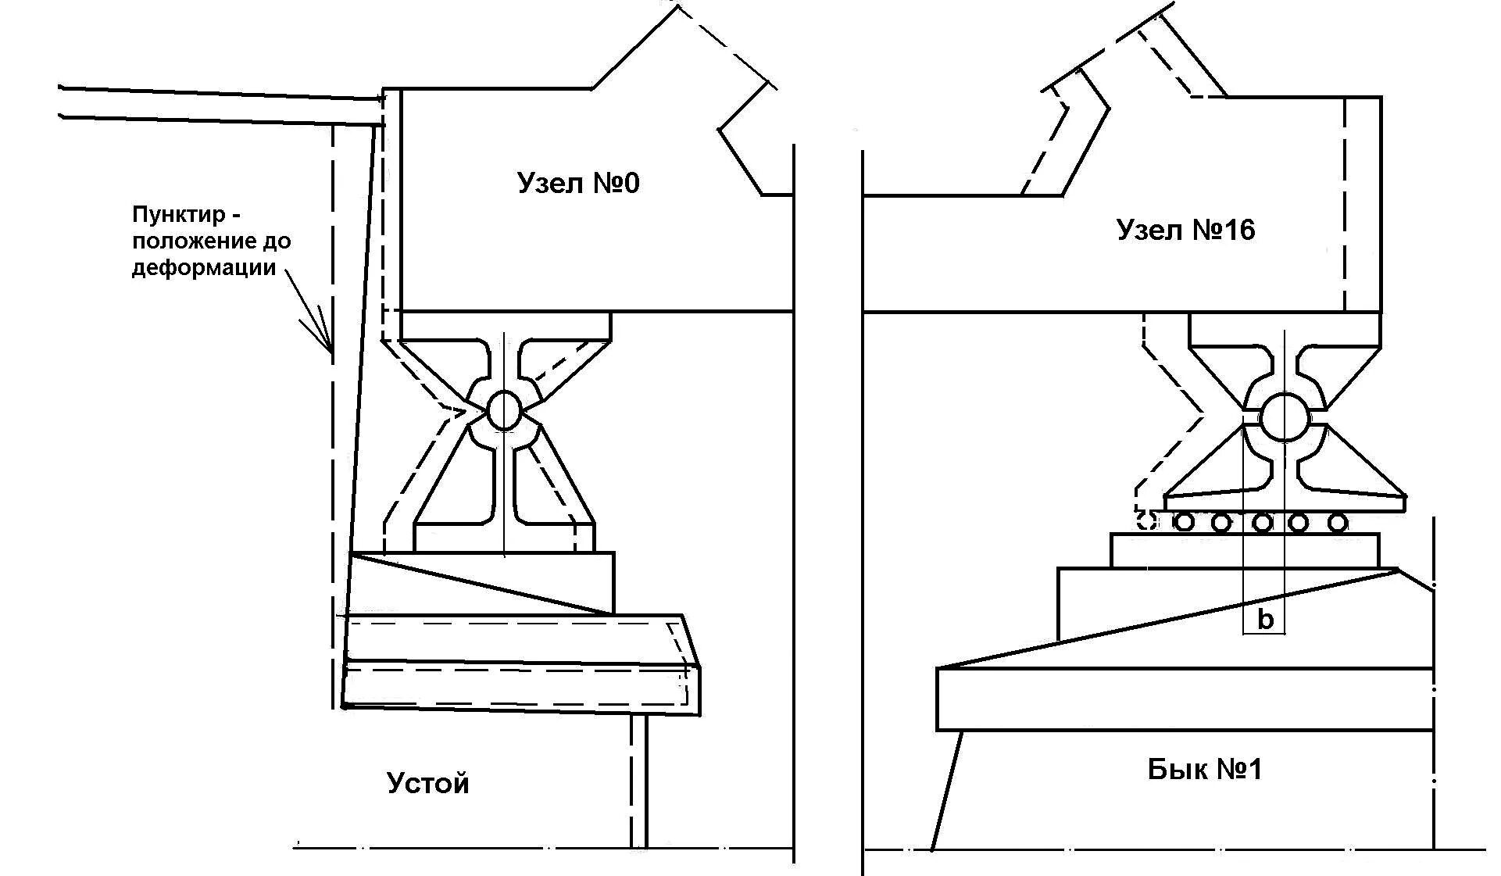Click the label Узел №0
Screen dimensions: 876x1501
pos(578,184)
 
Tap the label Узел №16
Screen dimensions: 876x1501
pos(1185,230)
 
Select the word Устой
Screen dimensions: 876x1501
pos(428,783)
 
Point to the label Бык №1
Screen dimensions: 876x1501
pos(1205,770)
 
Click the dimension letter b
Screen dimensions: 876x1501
pos(1265,620)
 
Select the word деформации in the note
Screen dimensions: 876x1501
pos(204,267)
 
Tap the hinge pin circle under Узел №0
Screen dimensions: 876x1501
pos(504,410)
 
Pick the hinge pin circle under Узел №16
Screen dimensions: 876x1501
pos(1284,417)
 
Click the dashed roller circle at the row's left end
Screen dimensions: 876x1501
pos(1147,520)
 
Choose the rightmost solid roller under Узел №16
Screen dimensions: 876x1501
pos(1338,521)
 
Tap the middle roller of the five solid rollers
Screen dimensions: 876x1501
pos(1261,521)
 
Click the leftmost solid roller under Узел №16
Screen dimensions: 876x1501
pos(1185,521)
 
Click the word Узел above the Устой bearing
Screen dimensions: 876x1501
pos(549,184)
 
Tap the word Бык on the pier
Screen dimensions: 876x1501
pos(1175,770)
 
